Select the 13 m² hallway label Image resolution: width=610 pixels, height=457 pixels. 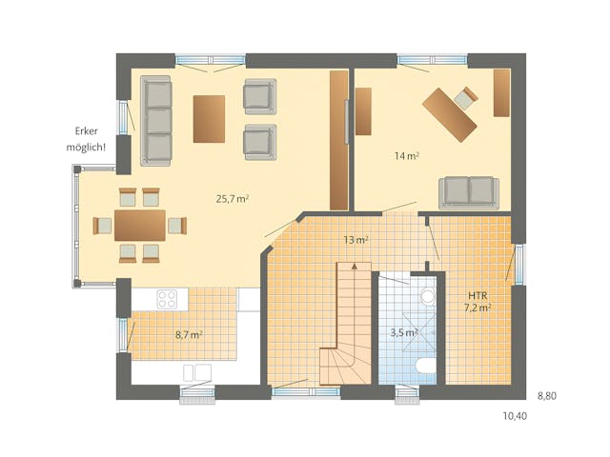355,240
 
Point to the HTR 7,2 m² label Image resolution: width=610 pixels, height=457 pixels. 477,301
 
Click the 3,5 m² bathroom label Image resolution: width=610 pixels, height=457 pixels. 404,332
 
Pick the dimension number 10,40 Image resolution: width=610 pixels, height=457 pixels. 514,416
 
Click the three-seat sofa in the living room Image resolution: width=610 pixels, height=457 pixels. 157,119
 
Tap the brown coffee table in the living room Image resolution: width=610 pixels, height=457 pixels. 209,118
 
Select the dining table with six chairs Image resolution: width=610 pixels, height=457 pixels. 140,226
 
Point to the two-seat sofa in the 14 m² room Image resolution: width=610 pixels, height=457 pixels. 467,191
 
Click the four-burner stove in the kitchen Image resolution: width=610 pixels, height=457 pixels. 168,298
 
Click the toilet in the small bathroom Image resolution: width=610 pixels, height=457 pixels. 426,368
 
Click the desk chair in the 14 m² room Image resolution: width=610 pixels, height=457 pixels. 466,96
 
